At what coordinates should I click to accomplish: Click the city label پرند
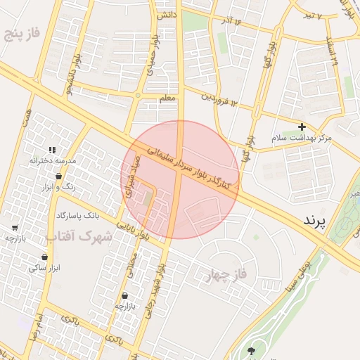click(x=315, y=221)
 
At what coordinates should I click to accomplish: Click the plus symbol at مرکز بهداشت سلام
click(x=302, y=127)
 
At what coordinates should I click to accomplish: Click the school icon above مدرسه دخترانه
click(x=52, y=149)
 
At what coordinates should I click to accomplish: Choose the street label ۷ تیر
click(x=311, y=15)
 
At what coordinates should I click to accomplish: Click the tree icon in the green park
click(x=251, y=349)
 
